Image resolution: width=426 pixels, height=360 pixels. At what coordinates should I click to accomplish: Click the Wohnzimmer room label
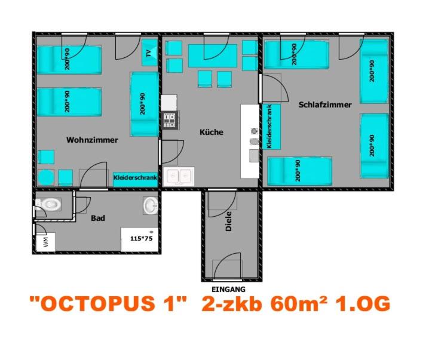click(92, 140)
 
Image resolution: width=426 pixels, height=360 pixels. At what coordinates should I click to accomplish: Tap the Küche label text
click(212, 132)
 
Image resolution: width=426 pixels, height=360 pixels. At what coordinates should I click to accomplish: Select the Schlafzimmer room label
click(325, 105)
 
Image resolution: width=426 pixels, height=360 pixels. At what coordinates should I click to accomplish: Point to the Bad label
click(98, 218)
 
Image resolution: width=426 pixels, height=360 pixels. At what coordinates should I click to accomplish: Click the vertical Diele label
click(229, 221)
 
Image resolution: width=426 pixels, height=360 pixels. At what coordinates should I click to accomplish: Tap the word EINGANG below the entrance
click(228, 290)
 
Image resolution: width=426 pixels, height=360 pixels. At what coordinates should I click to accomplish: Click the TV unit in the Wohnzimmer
click(149, 53)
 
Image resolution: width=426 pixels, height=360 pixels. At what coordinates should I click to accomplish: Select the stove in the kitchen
click(170, 120)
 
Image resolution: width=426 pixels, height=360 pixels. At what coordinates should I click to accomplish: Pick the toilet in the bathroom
click(48, 204)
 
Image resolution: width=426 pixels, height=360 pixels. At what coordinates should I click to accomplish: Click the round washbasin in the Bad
click(151, 205)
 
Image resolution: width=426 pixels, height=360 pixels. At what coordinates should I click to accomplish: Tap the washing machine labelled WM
click(45, 242)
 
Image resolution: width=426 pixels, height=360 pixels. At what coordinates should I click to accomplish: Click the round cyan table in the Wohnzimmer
click(46, 177)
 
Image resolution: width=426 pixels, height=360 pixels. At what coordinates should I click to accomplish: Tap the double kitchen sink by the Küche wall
click(179, 177)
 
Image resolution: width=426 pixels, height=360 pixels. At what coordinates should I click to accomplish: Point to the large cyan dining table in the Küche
click(213, 56)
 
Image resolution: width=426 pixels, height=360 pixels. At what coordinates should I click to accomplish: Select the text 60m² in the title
click(299, 303)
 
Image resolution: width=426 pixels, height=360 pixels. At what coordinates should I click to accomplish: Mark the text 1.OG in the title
click(363, 303)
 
